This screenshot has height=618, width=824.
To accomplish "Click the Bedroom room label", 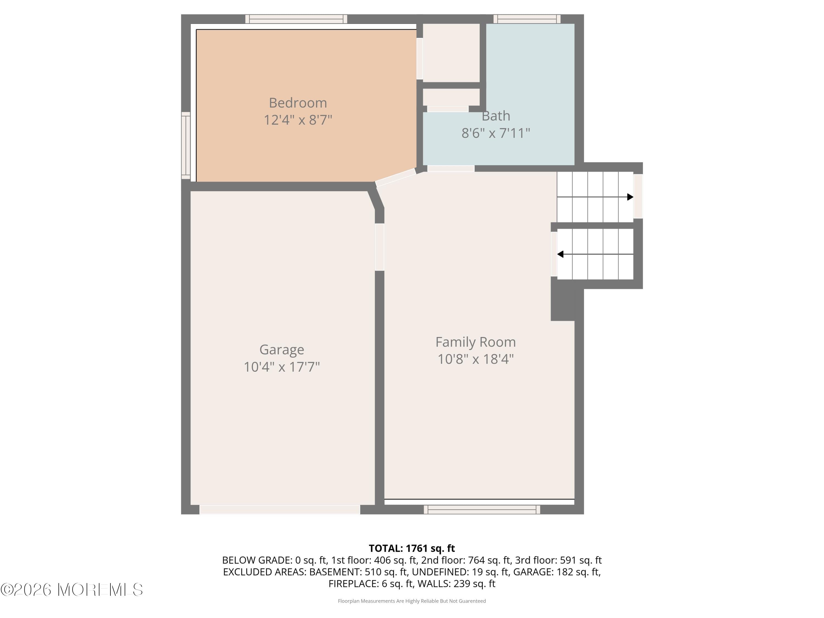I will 298,102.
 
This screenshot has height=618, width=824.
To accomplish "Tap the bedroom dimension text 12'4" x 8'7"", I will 298,120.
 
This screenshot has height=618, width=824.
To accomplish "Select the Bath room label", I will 495,116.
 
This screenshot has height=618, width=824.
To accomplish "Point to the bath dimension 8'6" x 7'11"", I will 495,133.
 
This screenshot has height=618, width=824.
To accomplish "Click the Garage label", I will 282,349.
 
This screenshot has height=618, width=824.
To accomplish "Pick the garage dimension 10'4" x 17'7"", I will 282,367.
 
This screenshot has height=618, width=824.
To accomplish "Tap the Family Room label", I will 475,342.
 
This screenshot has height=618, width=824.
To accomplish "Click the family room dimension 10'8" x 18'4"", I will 475,359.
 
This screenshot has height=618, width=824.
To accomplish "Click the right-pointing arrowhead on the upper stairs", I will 630,197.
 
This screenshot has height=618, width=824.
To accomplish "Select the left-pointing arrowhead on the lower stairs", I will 560,254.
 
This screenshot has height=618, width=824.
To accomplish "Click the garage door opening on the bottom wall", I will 280,509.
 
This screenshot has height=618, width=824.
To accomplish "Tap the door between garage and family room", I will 379,247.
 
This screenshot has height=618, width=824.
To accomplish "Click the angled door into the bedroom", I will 396,177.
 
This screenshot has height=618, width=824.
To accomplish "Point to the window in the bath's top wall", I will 527,19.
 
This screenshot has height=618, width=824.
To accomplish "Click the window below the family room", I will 482,509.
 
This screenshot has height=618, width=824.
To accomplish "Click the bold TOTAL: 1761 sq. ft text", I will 412,548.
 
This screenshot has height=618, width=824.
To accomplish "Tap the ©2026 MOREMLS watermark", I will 71,590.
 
